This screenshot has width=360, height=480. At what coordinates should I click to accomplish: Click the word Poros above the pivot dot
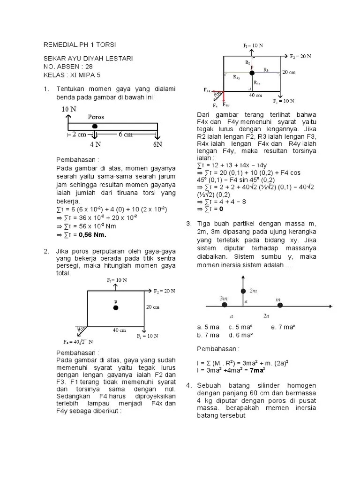tap(96, 117)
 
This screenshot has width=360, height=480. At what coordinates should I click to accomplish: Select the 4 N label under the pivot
tap(96, 144)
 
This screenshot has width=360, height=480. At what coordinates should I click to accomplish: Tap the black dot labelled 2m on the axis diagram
tap(243, 292)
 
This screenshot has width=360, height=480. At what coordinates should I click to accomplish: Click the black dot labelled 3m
tap(225, 305)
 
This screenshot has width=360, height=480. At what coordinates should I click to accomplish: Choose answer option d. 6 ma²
tap(240, 335)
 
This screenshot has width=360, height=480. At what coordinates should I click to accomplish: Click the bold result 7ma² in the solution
tap(257, 370)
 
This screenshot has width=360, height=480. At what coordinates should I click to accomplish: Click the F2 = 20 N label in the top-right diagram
tap(300, 56)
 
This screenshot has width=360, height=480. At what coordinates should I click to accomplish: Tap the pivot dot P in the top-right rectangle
tap(252, 73)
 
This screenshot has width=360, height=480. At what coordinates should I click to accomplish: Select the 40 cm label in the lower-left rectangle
tap(119, 330)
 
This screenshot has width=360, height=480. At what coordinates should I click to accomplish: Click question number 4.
tap(188, 385)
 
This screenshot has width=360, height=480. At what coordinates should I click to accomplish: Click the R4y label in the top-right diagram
tap(237, 77)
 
